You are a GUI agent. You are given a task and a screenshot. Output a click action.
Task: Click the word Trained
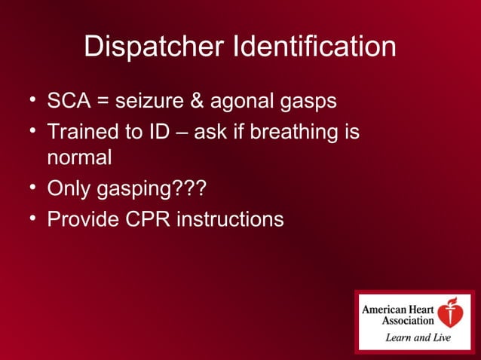[84, 133]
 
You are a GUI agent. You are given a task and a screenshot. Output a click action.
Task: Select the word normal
[79, 158]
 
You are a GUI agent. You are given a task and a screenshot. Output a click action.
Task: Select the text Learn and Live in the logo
[418, 337]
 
